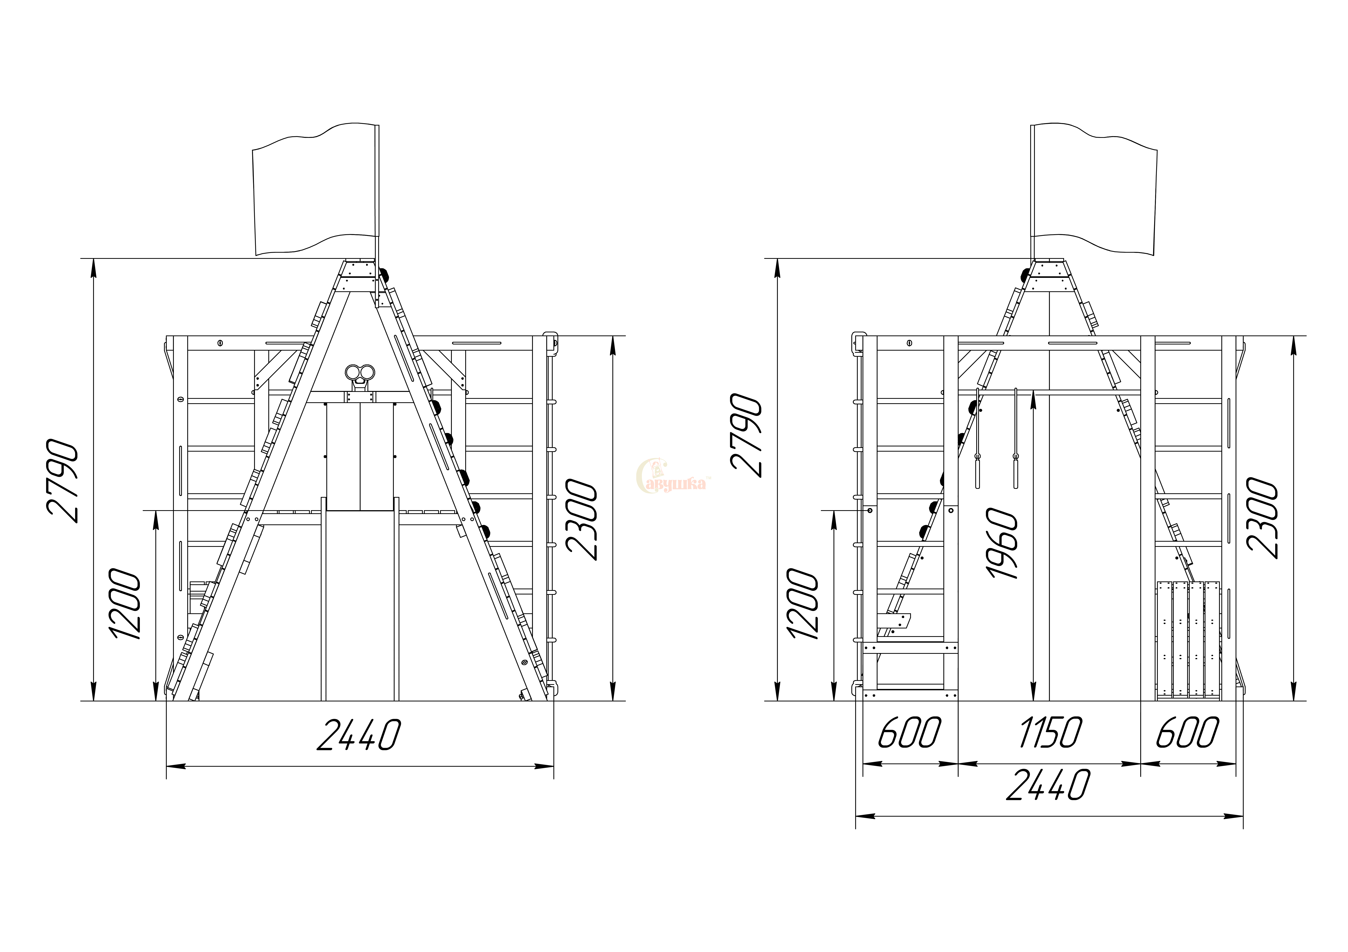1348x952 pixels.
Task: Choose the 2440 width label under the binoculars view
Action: point(359,735)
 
